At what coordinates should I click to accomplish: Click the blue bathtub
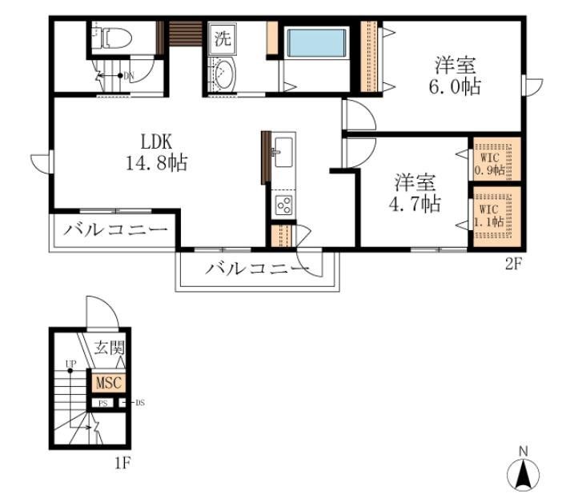315,44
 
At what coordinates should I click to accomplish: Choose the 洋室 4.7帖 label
415,193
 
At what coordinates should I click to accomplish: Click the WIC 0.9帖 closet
492,158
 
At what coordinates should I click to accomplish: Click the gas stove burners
283,205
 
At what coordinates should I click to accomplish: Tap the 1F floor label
120,461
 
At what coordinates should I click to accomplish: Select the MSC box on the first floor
107,383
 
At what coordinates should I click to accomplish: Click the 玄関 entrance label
109,348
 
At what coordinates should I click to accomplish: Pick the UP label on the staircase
71,363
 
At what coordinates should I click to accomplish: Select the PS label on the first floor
102,403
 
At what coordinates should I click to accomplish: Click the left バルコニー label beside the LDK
116,229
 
